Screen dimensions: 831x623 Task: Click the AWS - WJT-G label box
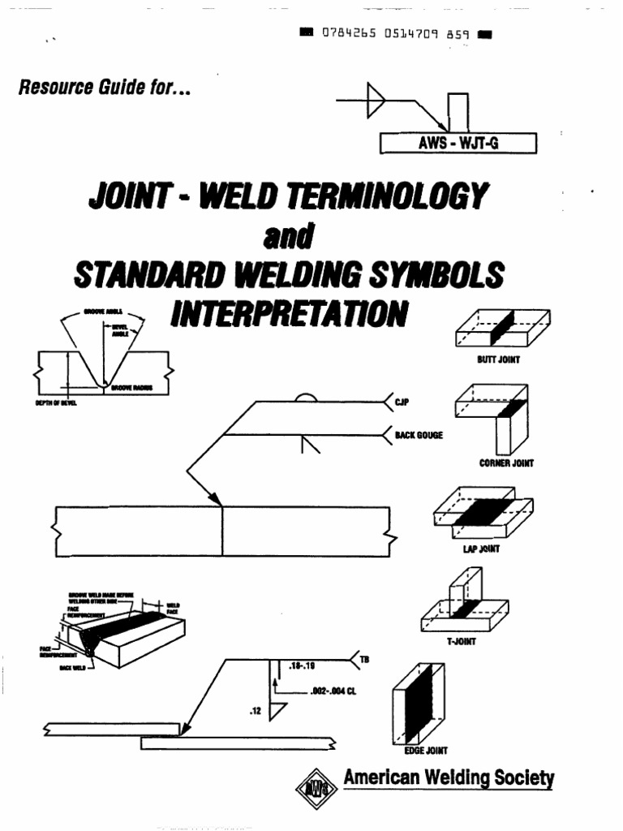[x=458, y=144]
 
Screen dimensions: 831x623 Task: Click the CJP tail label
[x=399, y=400]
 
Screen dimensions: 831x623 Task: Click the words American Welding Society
[x=449, y=778]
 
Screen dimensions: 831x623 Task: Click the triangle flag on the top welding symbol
[x=376, y=98]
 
